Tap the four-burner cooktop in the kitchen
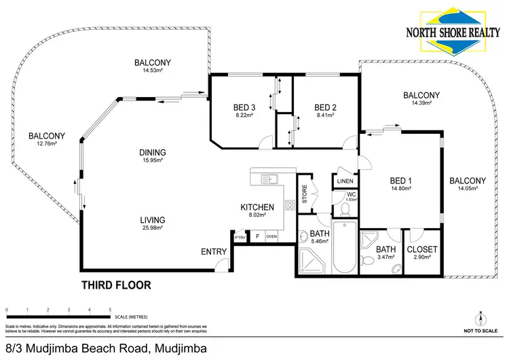tap(289, 205)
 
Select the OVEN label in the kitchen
tap(271, 236)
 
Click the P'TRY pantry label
tap(240, 237)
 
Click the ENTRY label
tap(214, 252)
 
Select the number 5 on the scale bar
tap(111, 310)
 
